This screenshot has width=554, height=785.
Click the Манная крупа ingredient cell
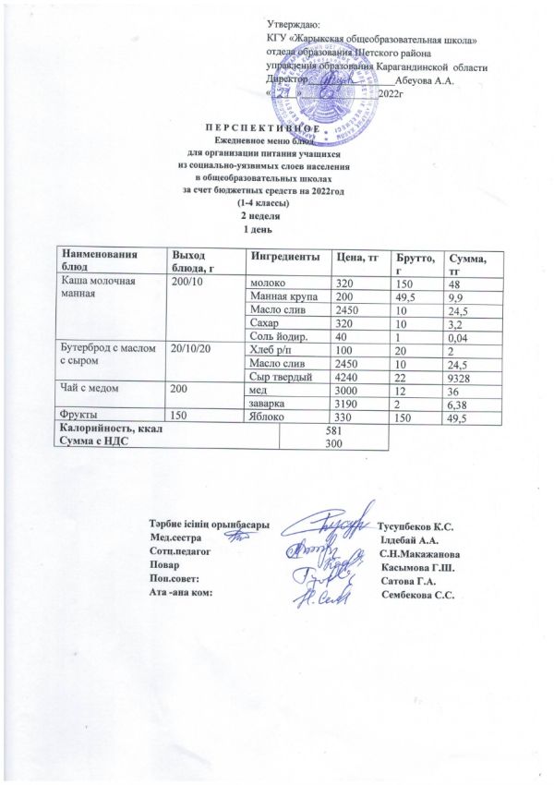point(279,296)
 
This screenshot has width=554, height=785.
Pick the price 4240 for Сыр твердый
point(344,378)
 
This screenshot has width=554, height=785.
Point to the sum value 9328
point(458,378)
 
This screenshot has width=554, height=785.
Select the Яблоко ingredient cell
point(266,418)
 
